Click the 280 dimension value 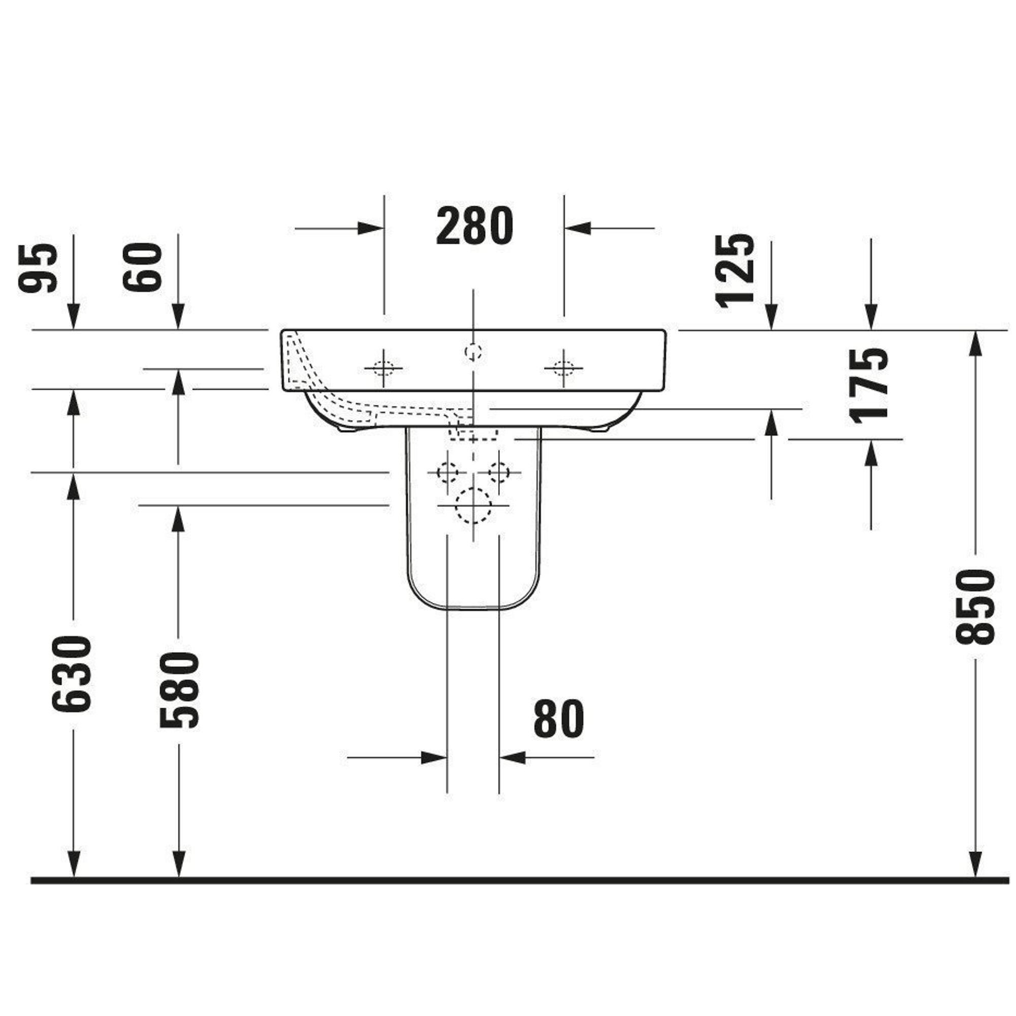coord(474,226)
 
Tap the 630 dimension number coord(72,674)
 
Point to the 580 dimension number coord(179,690)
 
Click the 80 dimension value coord(558,719)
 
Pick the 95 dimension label coord(37,268)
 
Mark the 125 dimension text coord(735,270)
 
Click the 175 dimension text coord(870,386)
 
